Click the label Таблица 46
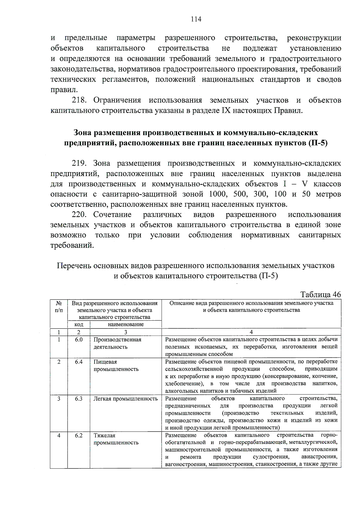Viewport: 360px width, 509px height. [320, 294]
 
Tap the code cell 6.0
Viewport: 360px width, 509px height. [79, 340]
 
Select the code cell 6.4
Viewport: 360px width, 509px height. [79, 362]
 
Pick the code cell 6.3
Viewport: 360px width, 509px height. [79, 399]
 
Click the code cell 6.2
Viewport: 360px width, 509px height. [79, 435]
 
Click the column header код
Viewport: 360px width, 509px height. [79, 324]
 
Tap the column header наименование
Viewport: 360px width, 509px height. [126, 324]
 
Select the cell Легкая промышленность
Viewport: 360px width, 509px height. [125, 399]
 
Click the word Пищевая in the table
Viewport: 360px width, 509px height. [105, 362]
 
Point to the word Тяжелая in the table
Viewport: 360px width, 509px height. [104, 435]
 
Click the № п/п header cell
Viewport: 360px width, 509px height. [59, 306]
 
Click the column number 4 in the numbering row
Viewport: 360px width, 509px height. [251, 332]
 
